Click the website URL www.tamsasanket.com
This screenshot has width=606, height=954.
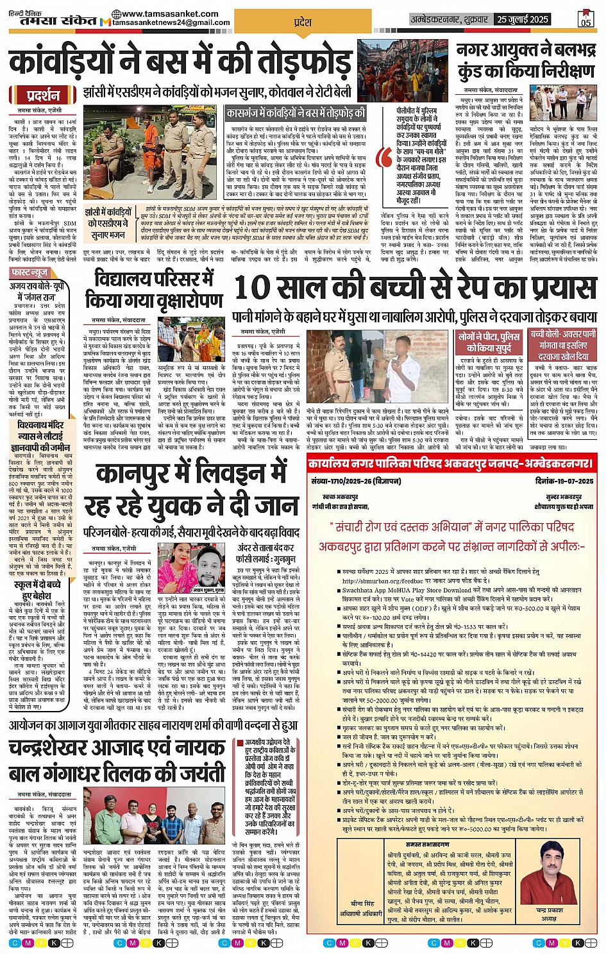coord(170,13)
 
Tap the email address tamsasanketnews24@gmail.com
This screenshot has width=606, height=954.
coord(171,22)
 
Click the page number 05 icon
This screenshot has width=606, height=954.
coord(585,19)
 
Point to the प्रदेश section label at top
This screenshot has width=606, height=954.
coord(303,22)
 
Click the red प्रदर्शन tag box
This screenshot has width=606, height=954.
coord(44,96)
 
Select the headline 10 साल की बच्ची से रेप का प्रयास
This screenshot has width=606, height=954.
coord(416,288)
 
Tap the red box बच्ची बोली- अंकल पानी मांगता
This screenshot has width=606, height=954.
coord(563,345)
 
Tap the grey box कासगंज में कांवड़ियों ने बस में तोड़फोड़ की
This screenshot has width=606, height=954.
coord(296,113)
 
